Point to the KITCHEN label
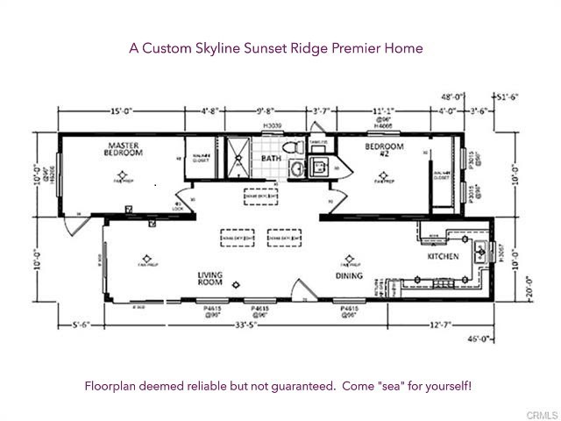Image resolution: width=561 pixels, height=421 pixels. pyautogui.click(x=443, y=258)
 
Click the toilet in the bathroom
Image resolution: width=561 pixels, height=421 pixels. pyautogui.click(x=295, y=145)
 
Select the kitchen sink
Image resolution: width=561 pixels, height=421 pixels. pyautogui.click(x=480, y=253)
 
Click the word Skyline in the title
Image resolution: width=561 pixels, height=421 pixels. pyautogui.click(x=238, y=47)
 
